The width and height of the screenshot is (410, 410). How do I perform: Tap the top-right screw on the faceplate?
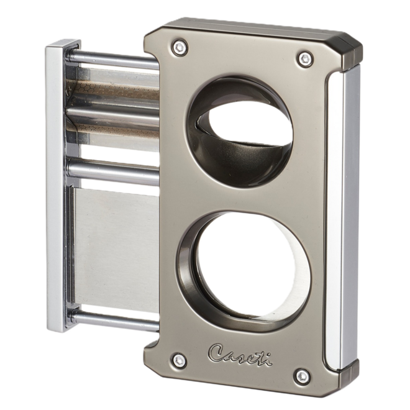(x=303, y=58)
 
